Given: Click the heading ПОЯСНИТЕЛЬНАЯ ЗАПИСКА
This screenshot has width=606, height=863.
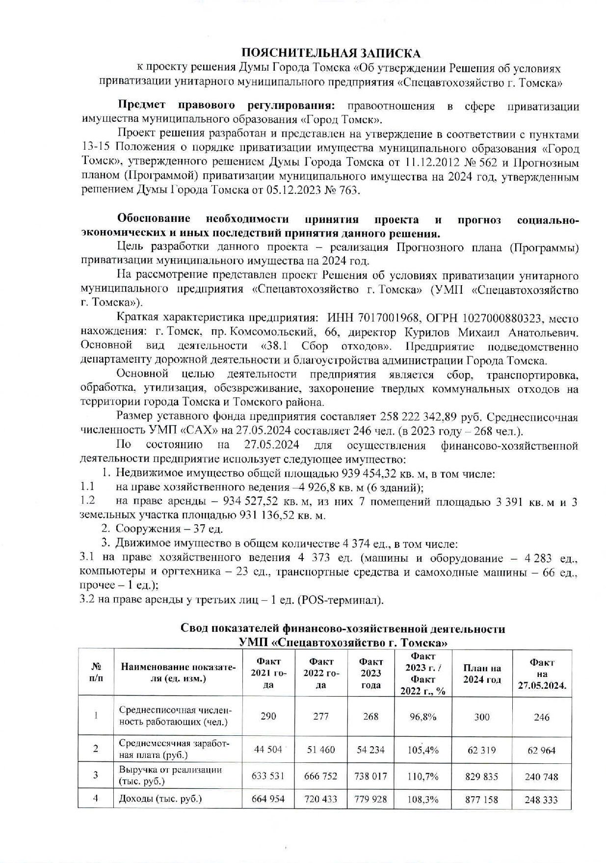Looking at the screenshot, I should [x=331, y=53].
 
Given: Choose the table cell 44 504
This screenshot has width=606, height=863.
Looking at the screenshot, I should [x=268, y=750].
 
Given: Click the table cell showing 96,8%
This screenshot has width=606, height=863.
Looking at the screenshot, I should [x=423, y=716].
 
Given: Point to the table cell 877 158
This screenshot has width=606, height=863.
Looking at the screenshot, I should [x=481, y=799].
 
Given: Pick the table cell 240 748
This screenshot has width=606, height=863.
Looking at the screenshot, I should [x=541, y=777].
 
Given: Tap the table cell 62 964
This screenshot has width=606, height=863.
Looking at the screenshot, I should [x=542, y=750].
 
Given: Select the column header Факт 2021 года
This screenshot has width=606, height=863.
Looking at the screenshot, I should [x=268, y=673].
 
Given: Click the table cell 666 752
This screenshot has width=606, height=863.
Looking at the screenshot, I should [x=320, y=776].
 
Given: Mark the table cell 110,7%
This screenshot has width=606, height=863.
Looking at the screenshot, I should [x=423, y=777].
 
